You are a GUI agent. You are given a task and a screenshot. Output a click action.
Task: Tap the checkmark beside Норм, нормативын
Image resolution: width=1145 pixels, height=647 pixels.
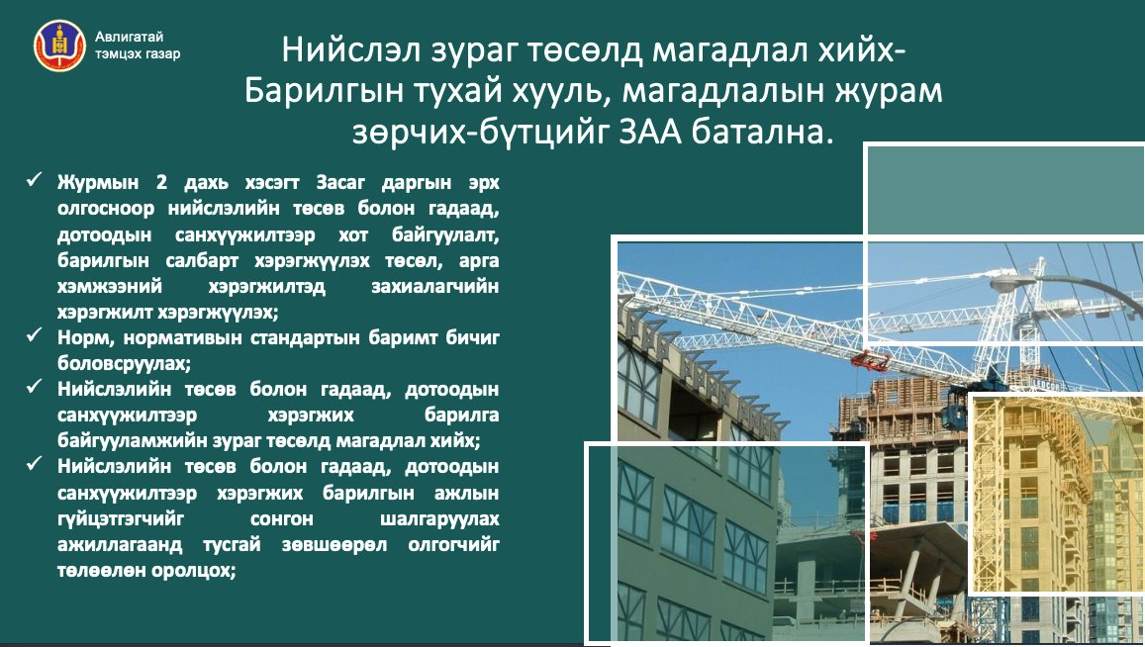pos(35,337)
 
